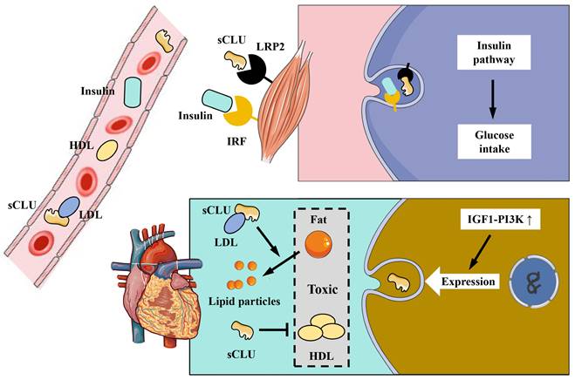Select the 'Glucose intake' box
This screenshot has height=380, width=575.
click(x=493, y=143)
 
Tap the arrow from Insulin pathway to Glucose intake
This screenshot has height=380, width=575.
click(x=493, y=100)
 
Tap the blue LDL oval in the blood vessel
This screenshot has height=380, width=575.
click(x=68, y=208)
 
